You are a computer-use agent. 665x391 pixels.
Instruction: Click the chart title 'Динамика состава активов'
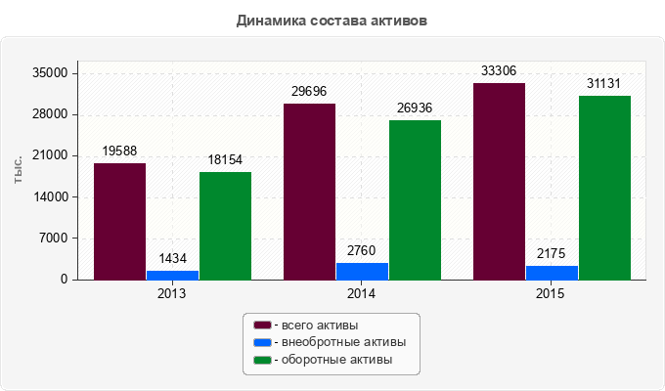click(332, 21)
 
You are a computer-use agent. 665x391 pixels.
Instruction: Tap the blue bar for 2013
click(172, 275)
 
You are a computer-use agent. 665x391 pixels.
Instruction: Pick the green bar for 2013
click(225, 226)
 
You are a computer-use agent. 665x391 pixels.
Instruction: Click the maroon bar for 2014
click(309, 192)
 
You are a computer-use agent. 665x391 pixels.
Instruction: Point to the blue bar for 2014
click(362, 271)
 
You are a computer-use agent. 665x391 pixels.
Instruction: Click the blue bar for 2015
click(552, 273)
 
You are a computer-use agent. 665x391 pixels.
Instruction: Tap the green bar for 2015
click(604, 188)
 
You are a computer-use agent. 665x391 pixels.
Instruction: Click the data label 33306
click(499, 70)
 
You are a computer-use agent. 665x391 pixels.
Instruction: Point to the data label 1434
click(172, 258)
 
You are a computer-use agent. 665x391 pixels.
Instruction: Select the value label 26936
click(415, 108)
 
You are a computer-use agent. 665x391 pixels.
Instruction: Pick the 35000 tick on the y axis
click(49, 73)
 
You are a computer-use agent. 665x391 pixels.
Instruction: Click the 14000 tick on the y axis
click(49, 197)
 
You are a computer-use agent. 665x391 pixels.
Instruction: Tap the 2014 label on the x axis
click(362, 293)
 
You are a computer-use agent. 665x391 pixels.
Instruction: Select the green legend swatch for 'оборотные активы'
click(262, 361)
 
